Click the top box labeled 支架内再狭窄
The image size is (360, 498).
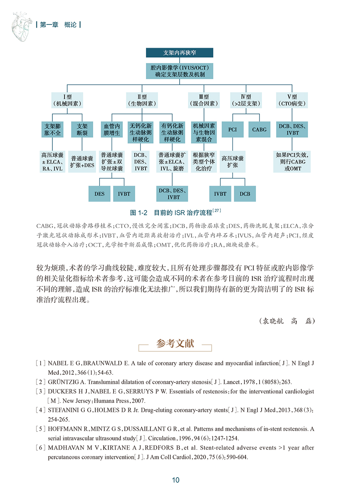point(180,53)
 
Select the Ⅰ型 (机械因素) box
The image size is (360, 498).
point(67,100)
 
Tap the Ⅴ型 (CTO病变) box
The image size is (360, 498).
point(292,100)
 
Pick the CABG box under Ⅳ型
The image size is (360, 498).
point(259,130)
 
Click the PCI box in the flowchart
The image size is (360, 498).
point(232,130)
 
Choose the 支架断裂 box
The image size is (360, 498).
point(82,130)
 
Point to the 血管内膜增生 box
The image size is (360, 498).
point(112,130)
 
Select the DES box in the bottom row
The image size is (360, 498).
point(100,194)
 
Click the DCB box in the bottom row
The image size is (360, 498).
point(245,194)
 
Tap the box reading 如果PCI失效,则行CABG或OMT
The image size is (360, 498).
point(293,162)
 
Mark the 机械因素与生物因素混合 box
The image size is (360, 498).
point(204,132)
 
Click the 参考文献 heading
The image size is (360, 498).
point(175,343)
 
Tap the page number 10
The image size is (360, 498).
point(176,480)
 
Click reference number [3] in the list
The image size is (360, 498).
point(40,391)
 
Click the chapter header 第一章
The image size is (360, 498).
point(49,25)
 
